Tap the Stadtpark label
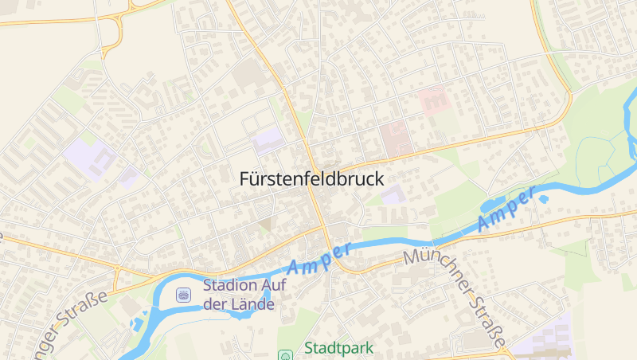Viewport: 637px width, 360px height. (338, 348)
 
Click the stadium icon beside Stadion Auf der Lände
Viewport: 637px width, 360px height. (184, 295)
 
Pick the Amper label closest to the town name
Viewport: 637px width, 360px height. (319, 258)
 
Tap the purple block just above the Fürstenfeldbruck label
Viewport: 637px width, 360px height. (267, 141)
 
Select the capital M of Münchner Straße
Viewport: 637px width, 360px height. (412, 256)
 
